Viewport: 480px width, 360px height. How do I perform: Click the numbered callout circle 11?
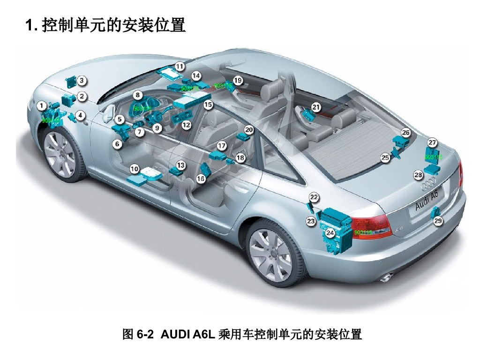(180, 66)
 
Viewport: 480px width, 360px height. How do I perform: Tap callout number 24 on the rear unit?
(330, 232)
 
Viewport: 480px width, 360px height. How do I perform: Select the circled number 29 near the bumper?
(438, 220)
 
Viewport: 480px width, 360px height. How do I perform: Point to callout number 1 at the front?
(43, 106)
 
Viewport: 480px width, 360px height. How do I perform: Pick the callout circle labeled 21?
(316, 107)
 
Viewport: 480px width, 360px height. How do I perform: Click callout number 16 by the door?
(201, 179)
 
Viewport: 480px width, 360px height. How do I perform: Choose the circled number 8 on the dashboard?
(137, 95)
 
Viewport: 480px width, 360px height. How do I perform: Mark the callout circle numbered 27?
(432, 142)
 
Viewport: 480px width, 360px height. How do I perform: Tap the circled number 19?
(238, 80)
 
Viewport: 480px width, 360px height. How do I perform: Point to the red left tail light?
(373, 227)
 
